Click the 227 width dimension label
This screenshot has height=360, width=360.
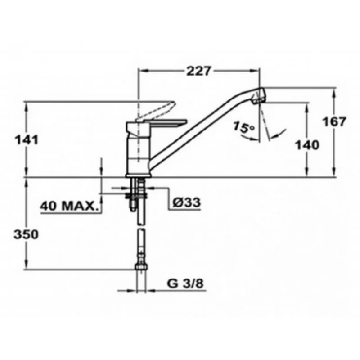click(198, 71)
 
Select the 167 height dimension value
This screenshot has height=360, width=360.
click(334, 121)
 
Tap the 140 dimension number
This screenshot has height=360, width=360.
click(307, 145)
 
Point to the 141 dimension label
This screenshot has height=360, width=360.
click(27, 140)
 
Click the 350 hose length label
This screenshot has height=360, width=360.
click(26, 234)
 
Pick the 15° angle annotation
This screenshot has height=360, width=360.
click(244, 128)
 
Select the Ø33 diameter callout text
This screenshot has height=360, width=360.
click(186, 202)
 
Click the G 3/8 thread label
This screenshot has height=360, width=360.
click(185, 283)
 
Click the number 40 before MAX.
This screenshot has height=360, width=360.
click(49, 206)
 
